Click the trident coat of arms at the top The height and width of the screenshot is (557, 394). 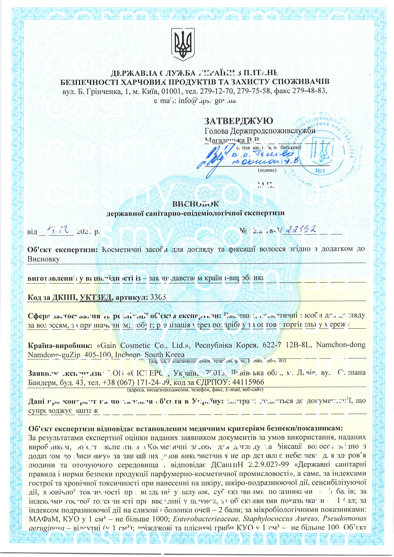(x=183, y=44)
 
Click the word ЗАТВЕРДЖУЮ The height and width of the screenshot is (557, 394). (x=239, y=121)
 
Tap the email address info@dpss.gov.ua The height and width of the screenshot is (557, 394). (x=207, y=101)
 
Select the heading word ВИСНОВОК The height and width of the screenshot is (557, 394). (x=196, y=204)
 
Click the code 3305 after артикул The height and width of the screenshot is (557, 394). (x=158, y=297)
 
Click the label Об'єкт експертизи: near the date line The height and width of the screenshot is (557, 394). (x=62, y=249)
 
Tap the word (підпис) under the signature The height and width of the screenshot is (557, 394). (x=267, y=170)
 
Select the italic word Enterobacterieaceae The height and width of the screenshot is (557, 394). (x=206, y=519)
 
